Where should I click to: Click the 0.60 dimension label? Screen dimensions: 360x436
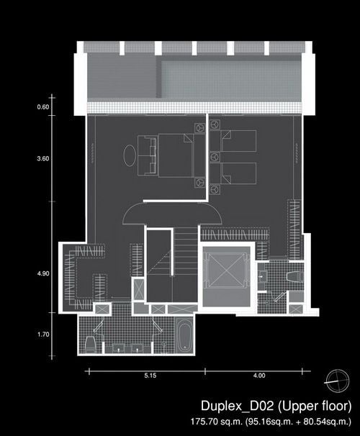pyautogui.click(x=43, y=107)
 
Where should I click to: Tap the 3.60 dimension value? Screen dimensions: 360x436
pyautogui.click(x=43, y=159)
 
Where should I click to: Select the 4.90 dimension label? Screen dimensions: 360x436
pyautogui.click(x=43, y=273)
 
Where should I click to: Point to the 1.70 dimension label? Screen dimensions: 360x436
pyautogui.click(x=43, y=335)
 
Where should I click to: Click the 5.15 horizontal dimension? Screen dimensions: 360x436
pyautogui.click(x=150, y=376)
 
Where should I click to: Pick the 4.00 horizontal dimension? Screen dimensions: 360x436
pyautogui.click(x=259, y=376)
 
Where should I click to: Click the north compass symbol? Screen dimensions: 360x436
pyautogui.click(x=338, y=381)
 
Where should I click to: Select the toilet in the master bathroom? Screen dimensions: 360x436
pyautogui.click(x=90, y=344)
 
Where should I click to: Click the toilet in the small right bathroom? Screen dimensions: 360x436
pyautogui.click(x=294, y=277)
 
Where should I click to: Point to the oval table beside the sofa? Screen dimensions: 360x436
pyautogui.click(x=130, y=155)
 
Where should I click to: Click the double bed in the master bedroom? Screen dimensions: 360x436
pyautogui.click(x=176, y=155)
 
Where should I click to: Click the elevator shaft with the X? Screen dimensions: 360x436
pyautogui.click(x=226, y=271)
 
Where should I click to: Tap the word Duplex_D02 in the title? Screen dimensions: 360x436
pyautogui.click(x=238, y=406)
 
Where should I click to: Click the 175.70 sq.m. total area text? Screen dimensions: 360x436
pyautogui.click(x=217, y=422)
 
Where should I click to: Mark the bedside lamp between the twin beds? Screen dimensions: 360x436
pyautogui.click(x=215, y=157)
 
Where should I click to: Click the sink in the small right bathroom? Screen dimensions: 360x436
pyautogui.click(x=261, y=277)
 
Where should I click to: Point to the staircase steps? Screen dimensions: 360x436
pyautogui.click(x=185, y=251)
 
